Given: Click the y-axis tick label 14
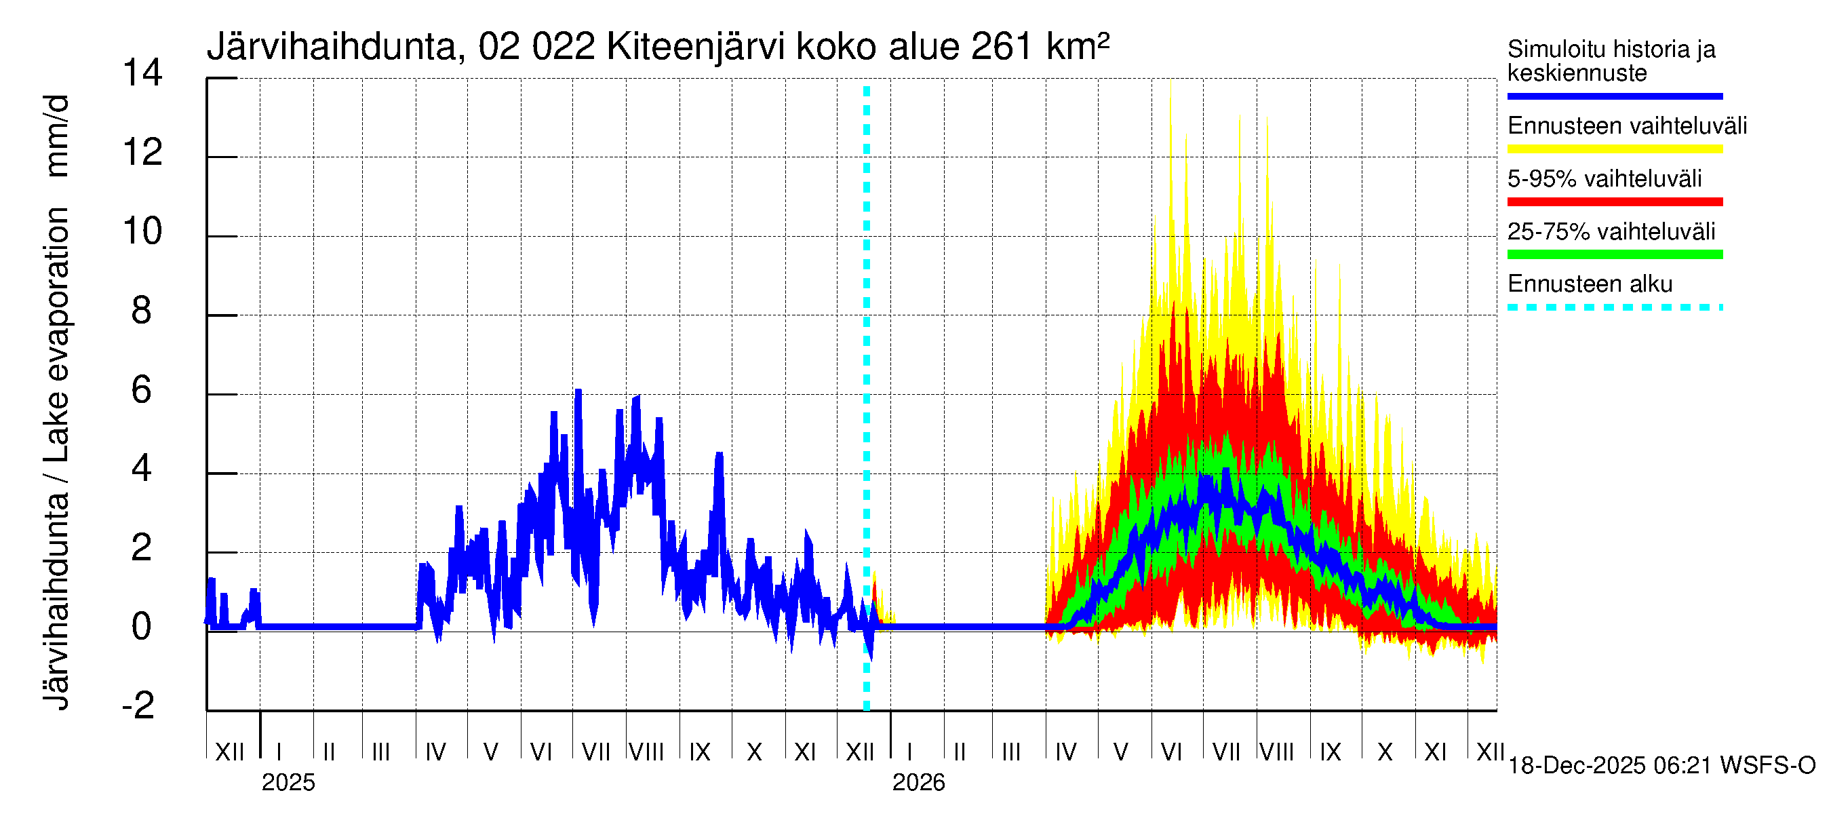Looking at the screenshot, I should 142,73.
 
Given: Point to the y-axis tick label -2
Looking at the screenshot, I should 138,705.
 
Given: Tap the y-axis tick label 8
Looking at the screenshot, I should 142,311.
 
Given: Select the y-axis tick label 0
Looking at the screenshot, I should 142,626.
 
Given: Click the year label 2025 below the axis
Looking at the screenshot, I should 288,783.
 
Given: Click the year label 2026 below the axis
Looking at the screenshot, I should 918,783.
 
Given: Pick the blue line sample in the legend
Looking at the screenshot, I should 1614,96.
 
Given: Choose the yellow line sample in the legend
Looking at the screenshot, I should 1614,149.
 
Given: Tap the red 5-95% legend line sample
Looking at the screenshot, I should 1614,202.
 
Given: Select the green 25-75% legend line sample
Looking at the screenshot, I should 1614,254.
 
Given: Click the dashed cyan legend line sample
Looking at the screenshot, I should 1614,308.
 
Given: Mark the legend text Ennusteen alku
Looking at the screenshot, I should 1590,284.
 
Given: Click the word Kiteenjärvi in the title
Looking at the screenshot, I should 695,47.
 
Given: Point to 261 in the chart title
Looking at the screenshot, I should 1001,47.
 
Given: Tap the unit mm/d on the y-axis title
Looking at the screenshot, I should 57,135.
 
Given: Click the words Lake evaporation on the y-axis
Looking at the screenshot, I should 57,334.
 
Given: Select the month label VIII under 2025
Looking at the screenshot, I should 646,752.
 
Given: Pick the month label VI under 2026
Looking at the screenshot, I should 1170,752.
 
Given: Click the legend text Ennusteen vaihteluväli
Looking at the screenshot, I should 1627,126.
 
